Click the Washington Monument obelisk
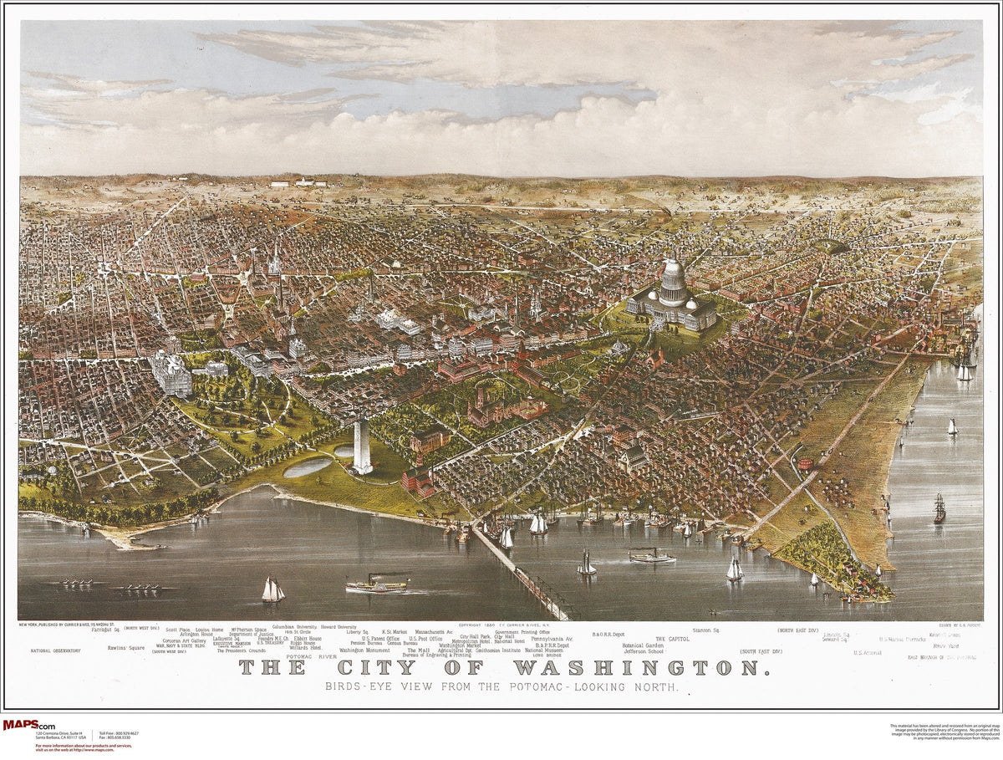tap(362, 446)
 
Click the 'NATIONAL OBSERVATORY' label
tap(56, 650)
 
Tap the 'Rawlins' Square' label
tap(126, 647)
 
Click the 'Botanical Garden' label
tap(643, 645)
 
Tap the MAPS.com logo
tap(29, 725)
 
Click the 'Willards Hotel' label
tap(305, 648)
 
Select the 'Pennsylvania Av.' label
tap(552, 639)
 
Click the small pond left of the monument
tap(308, 467)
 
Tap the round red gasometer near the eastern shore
tap(806, 462)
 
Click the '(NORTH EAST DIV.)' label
tap(797, 630)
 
